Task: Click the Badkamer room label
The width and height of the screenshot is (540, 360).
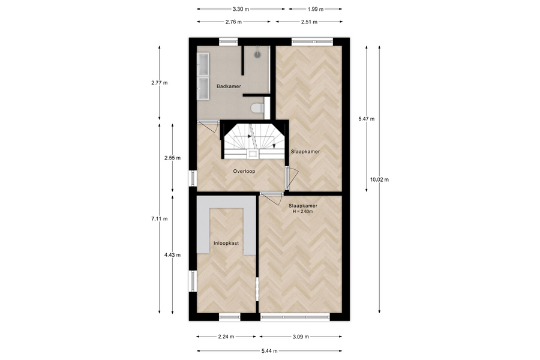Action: coord(229,86)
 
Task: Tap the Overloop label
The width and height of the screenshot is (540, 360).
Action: coord(244,171)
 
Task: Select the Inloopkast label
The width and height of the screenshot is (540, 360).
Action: coord(226,243)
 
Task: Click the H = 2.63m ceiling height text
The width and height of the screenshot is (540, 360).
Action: coord(303,212)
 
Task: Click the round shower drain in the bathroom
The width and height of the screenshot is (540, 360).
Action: coord(258,54)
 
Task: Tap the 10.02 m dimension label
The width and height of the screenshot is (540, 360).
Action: coord(380,179)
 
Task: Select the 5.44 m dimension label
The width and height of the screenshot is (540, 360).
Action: coord(269,351)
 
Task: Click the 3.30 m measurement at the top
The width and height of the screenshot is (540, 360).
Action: coord(241,10)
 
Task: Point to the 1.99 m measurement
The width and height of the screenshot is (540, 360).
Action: coord(316,10)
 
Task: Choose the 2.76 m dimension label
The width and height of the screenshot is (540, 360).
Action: coord(233,22)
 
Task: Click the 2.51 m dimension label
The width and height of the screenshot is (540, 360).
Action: coord(309,22)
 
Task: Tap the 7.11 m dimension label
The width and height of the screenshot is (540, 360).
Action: coord(160,219)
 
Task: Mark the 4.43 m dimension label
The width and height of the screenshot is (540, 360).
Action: coord(172,255)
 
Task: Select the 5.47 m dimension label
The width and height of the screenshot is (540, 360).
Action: coord(367,119)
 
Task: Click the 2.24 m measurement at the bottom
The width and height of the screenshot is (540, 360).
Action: coord(226,337)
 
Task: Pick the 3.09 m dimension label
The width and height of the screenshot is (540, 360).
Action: coord(301,337)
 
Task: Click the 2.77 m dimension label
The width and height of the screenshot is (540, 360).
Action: coord(160,83)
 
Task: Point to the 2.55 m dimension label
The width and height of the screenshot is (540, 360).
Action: coord(172,158)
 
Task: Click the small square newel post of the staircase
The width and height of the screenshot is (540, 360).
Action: coord(253,154)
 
